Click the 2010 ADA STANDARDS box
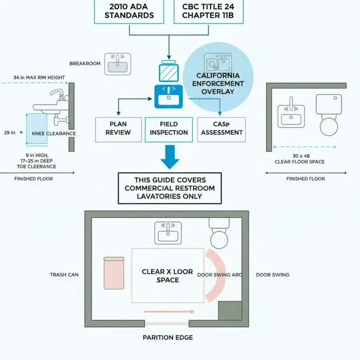[129, 11]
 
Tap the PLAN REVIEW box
[118, 129]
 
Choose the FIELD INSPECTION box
[169, 129]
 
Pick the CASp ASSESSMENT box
[221, 129]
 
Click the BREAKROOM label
[85, 64]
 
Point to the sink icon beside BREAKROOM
[118, 64]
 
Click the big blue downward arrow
[170, 157]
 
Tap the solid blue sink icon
[169, 96]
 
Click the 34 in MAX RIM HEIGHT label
[39, 77]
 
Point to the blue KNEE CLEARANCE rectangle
[37, 129]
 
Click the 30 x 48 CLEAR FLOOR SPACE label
[300, 159]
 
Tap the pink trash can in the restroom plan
[114, 273]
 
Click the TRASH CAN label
[64, 275]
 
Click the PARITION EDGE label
[168, 337]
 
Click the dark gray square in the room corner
[230, 310]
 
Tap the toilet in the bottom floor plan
[220, 233]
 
